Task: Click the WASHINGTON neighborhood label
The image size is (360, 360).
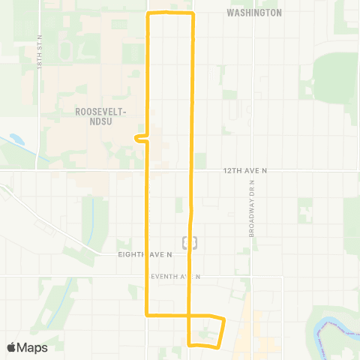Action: click(254, 13)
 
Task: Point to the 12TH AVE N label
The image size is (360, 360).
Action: click(245, 172)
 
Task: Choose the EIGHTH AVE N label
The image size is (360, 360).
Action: click(145, 255)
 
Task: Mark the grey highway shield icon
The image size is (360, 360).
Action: click(190, 241)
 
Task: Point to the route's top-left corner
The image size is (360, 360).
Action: click(148, 13)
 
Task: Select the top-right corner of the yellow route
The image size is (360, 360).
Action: click(193, 13)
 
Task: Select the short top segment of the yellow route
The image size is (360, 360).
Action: click(171, 13)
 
